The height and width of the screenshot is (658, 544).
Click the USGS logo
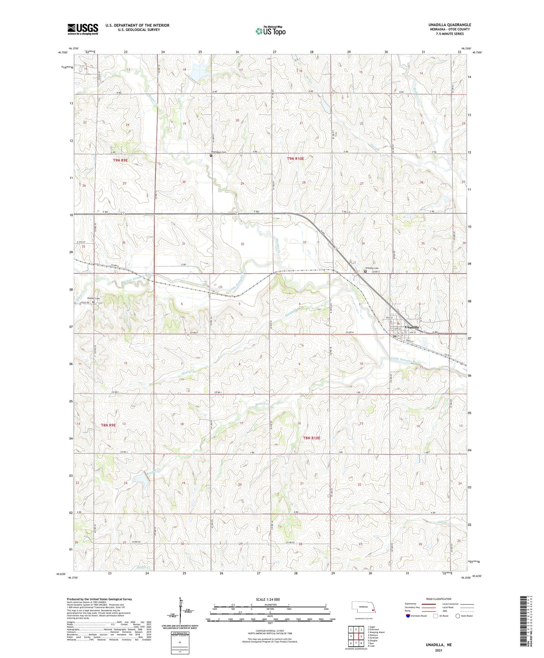click(x=83, y=29)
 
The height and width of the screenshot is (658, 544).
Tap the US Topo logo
click(x=270, y=31)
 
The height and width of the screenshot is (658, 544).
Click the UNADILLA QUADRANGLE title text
click(x=450, y=25)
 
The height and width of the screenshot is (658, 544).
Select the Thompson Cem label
click(x=219, y=152)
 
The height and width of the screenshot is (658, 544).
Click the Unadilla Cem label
click(x=372, y=268)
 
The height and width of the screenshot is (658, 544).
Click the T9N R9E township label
click(x=120, y=160)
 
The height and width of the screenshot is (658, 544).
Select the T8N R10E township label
click(x=312, y=438)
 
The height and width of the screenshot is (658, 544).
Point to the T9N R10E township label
click(x=295, y=159)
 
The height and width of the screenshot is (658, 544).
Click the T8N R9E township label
click(x=108, y=425)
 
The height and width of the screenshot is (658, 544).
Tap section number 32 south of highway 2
click(x=242, y=244)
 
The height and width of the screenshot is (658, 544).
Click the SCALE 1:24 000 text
click(x=268, y=599)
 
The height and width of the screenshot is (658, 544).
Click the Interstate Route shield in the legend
click(x=408, y=616)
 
